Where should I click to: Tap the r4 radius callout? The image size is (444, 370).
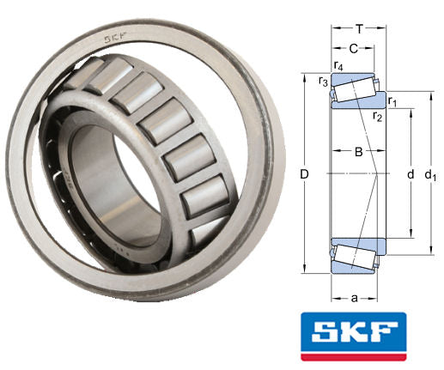[338, 66]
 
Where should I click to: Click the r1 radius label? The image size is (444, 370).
[392, 102]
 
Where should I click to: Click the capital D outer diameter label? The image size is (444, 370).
[304, 175]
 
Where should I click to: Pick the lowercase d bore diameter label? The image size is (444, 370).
[410, 174]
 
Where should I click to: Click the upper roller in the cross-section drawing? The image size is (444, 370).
[355, 89]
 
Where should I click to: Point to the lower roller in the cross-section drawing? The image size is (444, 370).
[355, 255]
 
